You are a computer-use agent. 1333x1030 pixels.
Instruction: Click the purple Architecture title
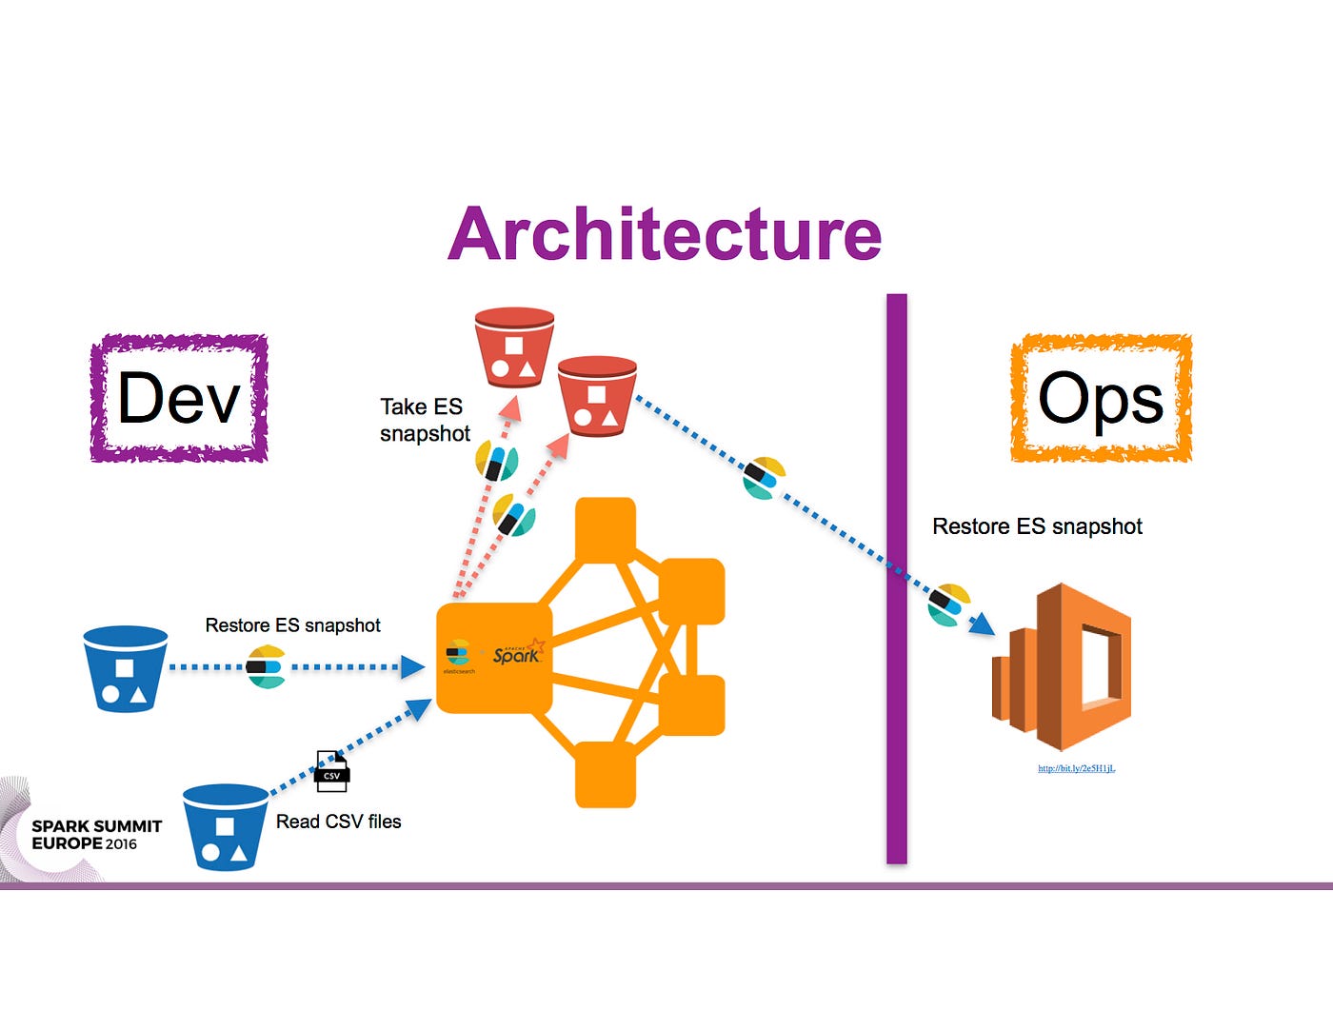click(665, 234)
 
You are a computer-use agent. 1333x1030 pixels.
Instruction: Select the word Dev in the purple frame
click(178, 398)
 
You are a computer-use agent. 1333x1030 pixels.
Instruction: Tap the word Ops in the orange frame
click(1101, 398)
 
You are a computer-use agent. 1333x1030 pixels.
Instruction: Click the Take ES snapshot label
click(424, 420)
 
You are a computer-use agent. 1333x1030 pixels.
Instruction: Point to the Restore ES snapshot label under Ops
click(1037, 526)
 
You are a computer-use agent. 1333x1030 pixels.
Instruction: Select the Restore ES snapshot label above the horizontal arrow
click(292, 625)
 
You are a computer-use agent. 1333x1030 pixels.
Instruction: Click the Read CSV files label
click(338, 822)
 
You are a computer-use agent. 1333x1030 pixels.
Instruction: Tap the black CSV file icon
click(332, 772)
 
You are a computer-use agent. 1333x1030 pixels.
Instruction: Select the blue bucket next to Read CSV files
click(225, 826)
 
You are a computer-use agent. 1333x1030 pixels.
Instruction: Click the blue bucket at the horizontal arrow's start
click(126, 668)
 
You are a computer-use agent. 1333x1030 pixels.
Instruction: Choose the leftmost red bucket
click(514, 347)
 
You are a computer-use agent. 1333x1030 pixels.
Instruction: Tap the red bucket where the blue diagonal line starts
click(597, 396)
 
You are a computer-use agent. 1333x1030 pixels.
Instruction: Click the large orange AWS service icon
click(1063, 667)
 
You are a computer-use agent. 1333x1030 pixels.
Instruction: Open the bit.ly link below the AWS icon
click(1076, 768)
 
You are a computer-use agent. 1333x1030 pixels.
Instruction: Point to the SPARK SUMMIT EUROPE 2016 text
click(96, 835)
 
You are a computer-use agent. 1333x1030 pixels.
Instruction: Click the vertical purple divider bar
click(896, 579)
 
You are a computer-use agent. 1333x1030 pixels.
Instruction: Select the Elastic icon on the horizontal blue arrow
click(267, 666)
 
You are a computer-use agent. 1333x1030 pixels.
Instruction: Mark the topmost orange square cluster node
click(606, 528)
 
